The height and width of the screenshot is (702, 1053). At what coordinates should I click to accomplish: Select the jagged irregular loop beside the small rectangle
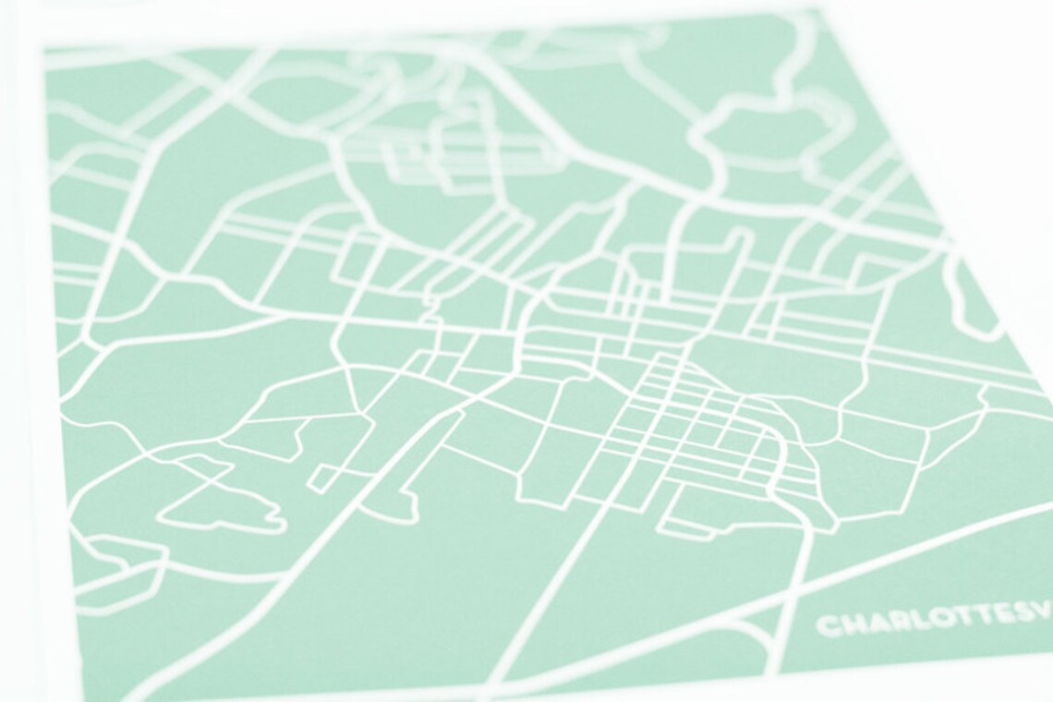click(x=226, y=503)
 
